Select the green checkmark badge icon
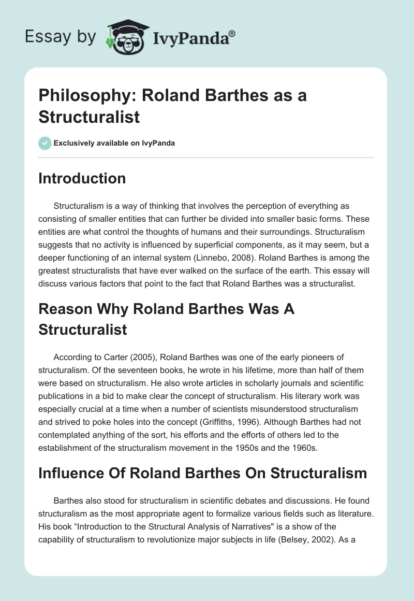pos(45,143)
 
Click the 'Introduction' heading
pos(82,178)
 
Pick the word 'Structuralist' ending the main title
pos(89,117)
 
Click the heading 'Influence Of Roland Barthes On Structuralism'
pos(202,473)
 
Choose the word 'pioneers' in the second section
pos(307,357)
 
